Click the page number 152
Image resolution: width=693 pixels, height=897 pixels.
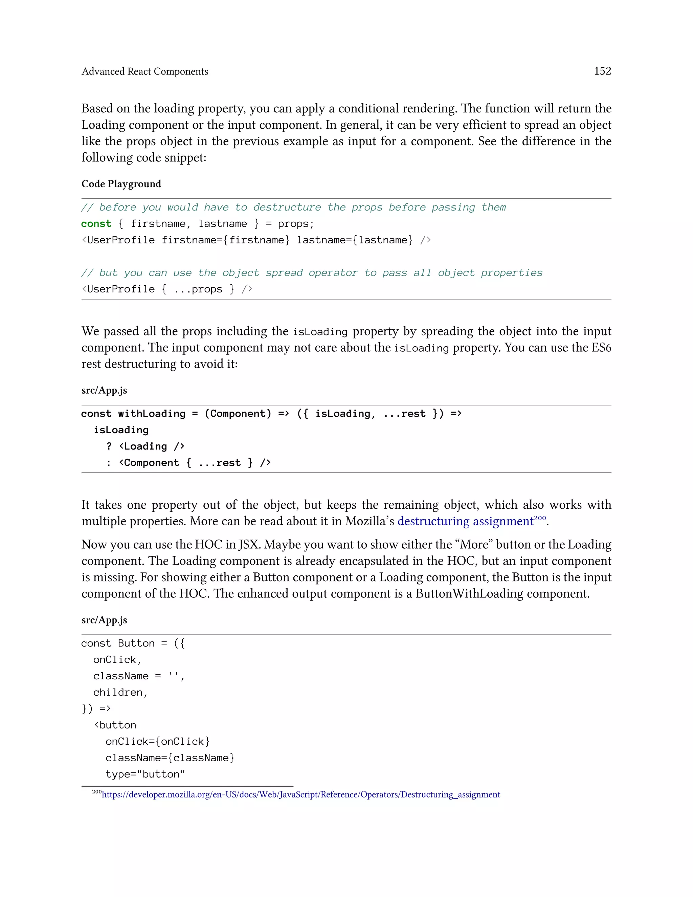point(602,71)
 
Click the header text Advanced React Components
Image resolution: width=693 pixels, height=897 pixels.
point(144,71)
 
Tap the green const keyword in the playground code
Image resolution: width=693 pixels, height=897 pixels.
point(96,223)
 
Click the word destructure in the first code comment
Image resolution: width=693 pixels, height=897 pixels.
point(287,207)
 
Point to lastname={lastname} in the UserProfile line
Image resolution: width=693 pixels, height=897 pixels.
point(355,240)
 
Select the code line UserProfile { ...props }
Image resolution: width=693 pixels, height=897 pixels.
point(166,289)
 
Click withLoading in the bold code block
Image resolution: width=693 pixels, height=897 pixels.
point(152,414)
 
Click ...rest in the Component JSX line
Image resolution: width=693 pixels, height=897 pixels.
point(219,463)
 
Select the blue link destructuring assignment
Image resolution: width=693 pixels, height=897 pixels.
point(465,521)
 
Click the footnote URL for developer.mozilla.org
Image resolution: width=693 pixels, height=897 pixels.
point(300,794)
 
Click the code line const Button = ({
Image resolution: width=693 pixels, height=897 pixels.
point(133,643)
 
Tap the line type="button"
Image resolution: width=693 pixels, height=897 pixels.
point(145,774)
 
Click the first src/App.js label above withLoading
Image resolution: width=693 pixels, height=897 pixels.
point(104,390)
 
